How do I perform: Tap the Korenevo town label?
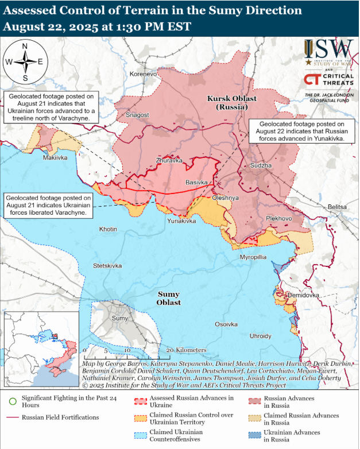(x=143, y=74)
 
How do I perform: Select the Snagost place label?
(x=137, y=115)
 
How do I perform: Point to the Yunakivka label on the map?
(x=181, y=220)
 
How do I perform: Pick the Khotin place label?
(x=108, y=229)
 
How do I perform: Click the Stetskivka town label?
(x=108, y=266)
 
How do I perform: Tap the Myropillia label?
(x=253, y=257)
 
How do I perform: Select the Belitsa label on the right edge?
(x=337, y=207)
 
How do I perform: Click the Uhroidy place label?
(x=260, y=336)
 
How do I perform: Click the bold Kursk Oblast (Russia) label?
(x=232, y=103)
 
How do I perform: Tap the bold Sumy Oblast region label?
(x=169, y=297)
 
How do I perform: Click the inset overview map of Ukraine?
(x=41, y=349)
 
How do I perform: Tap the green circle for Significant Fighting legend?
(x=13, y=401)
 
